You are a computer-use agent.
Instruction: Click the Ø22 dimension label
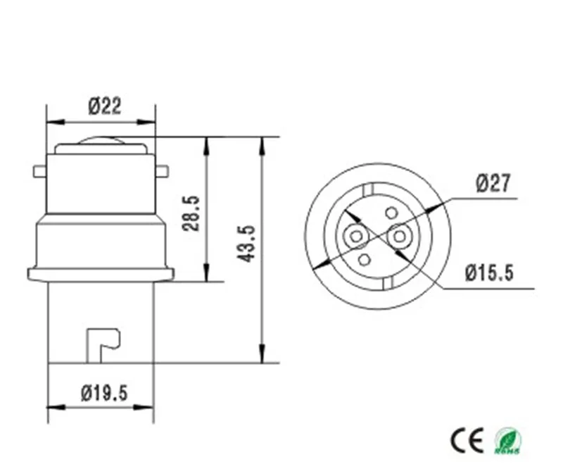tap(104, 106)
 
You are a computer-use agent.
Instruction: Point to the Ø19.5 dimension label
tap(103, 392)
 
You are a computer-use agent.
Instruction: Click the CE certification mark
tap(467, 440)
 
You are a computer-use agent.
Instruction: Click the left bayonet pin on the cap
tap(39, 171)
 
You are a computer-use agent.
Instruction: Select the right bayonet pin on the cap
tap(163, 171)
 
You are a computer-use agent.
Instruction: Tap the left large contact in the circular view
tap(356, 235)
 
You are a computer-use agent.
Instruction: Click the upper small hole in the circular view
tap(391, 213)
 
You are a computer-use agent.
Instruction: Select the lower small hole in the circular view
tap(365, 260)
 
